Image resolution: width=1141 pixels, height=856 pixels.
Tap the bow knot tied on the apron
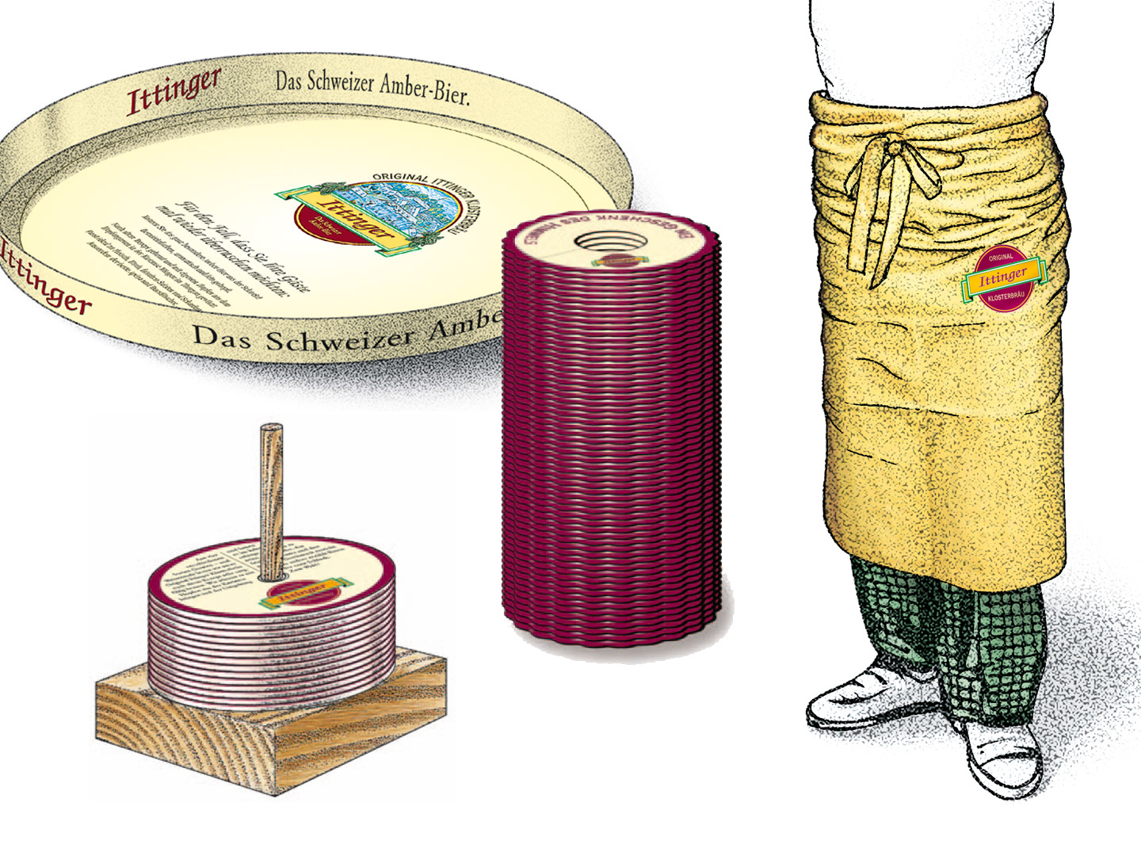[x=893, y=150]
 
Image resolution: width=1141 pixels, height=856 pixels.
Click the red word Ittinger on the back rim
[x=174, y=90]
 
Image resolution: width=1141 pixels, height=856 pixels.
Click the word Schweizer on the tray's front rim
[x=338, y=338]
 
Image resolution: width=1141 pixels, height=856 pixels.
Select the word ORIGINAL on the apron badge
[x=1002, y=258]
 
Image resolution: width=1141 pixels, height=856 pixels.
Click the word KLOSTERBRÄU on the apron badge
[x=1005, y=298]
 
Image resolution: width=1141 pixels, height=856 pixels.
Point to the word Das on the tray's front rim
[x=222, y=336]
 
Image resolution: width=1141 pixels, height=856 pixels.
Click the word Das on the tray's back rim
[x=289, y=79]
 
